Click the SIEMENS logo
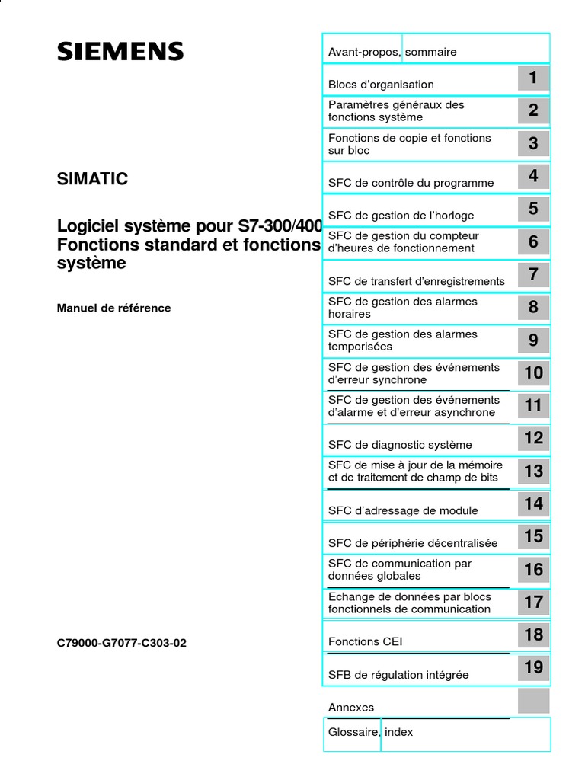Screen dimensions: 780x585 point(120,52)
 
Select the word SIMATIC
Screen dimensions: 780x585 point(93,179)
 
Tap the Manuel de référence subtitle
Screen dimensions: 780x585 point(114,308)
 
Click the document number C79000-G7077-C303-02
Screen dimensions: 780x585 point(122,643)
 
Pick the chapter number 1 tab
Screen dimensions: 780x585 point(533,78)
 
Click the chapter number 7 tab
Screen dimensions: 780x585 point(533,274)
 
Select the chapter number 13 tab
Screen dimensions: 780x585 point(533,471)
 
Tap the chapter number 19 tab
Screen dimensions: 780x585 point(533,668)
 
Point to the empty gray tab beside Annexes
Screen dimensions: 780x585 point(533,701)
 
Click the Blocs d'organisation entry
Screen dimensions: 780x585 point(381,85)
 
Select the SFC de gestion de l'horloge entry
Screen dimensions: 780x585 point(401,216)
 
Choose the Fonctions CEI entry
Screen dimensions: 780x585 point(365,641)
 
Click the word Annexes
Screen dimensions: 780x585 point(351,708)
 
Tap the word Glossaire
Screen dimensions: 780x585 point(353,732)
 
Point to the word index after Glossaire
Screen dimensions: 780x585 point(399,732)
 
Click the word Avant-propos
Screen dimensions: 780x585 point(363,52)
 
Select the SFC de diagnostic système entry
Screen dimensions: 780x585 point(400,445)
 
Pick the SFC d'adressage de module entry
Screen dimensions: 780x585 point(403,510)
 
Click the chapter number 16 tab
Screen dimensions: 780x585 point(533,569)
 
